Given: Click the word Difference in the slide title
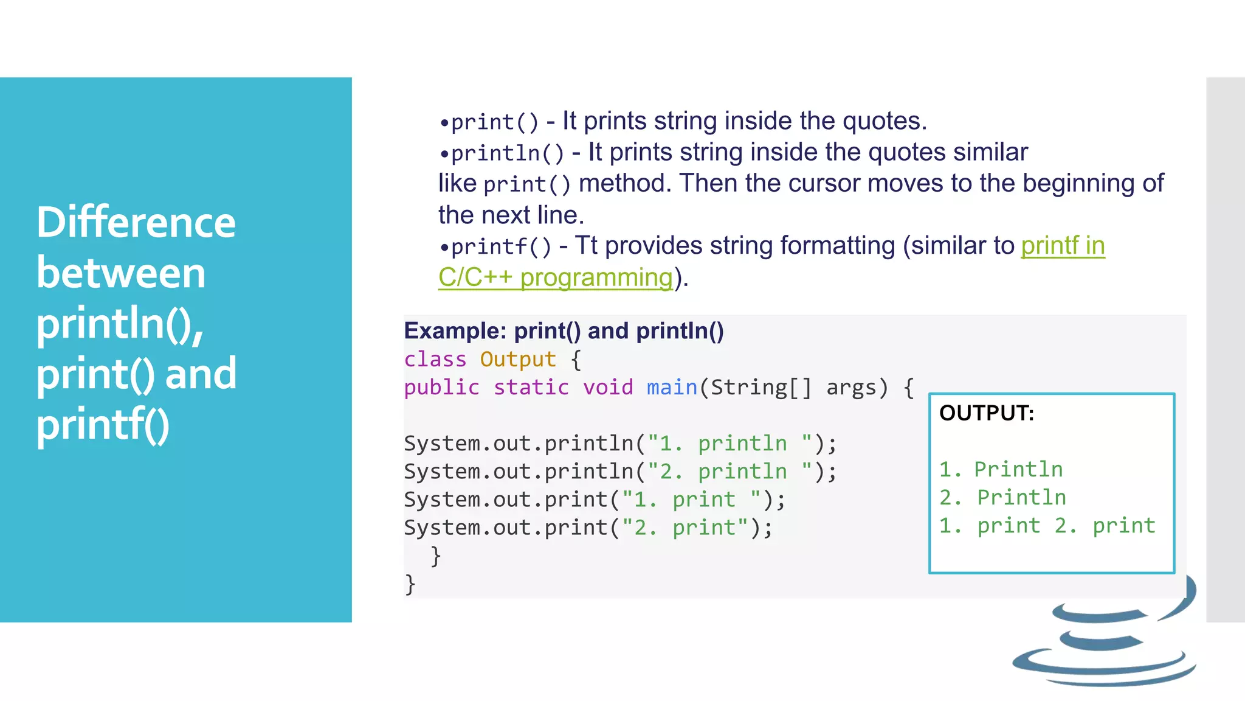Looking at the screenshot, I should point(136,222).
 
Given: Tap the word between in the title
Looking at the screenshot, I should point(121,273).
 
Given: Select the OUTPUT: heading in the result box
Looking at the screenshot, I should point(986,413).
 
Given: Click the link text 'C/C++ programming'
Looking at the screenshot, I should point(556,277).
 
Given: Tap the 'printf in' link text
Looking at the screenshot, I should point(1063,246).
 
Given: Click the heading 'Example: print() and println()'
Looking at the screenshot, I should point(564,331).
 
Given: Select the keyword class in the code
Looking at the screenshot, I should point(435,360).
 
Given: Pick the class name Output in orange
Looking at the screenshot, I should point(518,360).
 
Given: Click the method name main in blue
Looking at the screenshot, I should point(672,388).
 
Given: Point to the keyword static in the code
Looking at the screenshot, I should point(531,388).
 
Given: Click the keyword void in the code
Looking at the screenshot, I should point(608,388).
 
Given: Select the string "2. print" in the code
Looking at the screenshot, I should point(685,528).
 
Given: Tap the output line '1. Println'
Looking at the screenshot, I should point(1001,470).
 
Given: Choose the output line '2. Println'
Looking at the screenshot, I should point(1002,498).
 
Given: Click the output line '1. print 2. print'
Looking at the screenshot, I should point(1047,526).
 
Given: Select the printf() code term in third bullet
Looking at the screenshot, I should point(501,247).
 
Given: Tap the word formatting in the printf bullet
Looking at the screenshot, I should point(838,246).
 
